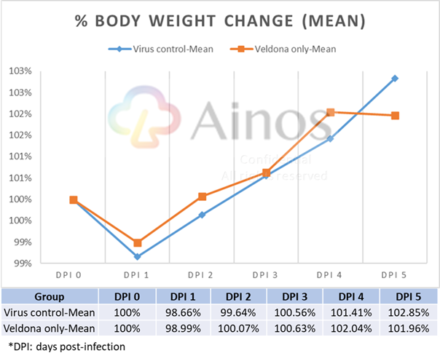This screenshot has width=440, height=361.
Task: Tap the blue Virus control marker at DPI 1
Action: tap(137, 256)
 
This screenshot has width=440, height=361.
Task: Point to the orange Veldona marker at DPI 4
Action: tap(330, 112)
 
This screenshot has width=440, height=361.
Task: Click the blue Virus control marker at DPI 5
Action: tap(395, 78)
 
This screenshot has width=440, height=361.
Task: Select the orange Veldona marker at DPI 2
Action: tap(202, 197)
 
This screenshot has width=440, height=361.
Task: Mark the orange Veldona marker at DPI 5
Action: tap(395, 116)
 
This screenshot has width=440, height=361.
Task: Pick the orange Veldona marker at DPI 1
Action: tap(137, 243)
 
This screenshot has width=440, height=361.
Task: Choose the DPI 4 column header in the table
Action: tap(344, 296)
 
